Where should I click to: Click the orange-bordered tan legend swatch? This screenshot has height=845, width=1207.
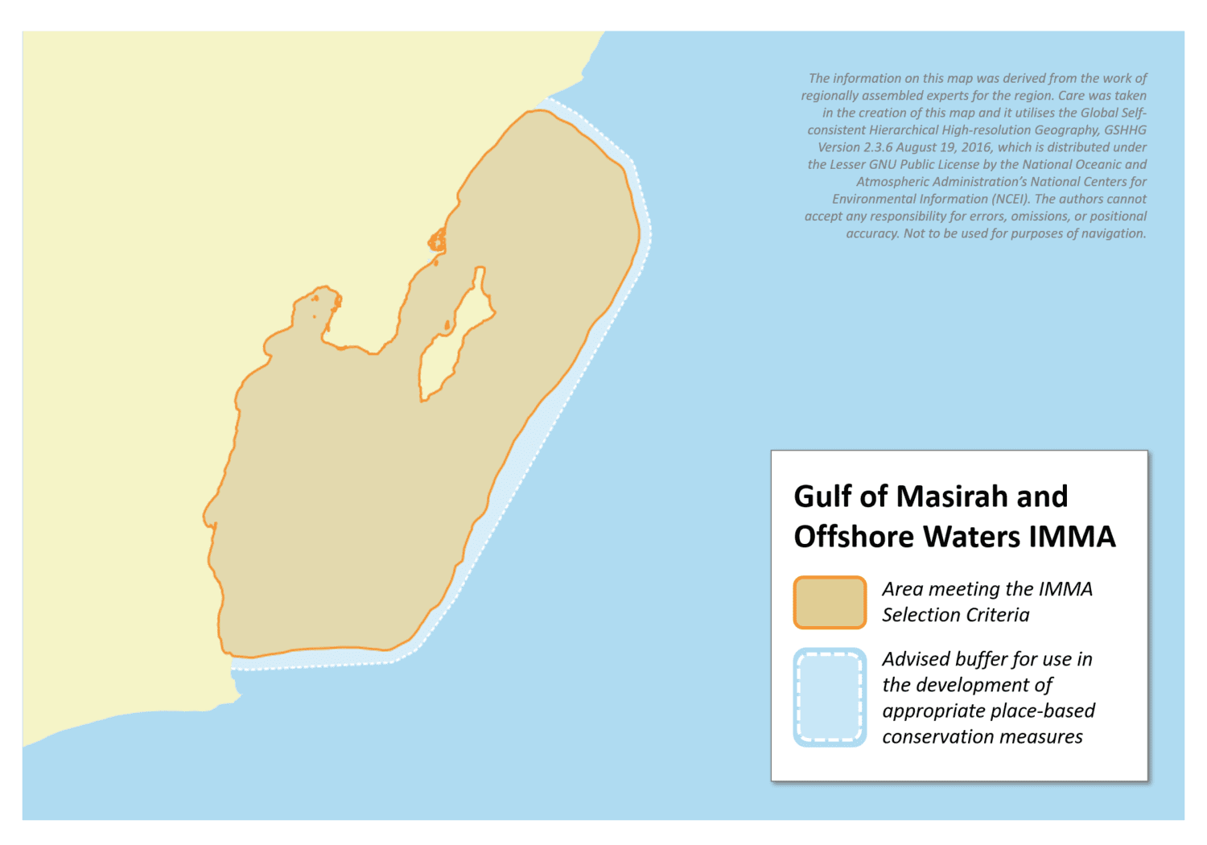coord(830,602)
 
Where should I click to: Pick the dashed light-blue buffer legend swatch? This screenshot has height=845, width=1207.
coord(830,697)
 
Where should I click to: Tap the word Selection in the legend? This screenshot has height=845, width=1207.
coord(915,615)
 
